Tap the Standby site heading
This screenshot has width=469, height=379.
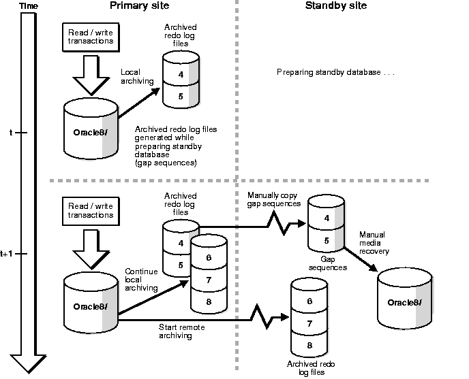click(x=335, y=5)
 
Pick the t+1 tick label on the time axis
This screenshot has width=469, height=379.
click(x=7, y=253)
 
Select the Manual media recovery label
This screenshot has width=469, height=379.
click(x=374, y=243)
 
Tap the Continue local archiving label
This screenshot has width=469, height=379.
click(x=142, y=280)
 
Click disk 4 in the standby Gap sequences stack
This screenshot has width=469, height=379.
click(x=325, y=219)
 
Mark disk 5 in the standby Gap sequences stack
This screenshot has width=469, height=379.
click(x=325, y=240)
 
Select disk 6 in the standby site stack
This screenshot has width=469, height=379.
click(x=309, y=301)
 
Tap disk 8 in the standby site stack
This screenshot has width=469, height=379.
click(x=309, y=345)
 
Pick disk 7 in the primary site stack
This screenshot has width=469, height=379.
click(x=209, y=279)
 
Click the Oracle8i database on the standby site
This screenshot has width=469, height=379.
click(x=405, y=301)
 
